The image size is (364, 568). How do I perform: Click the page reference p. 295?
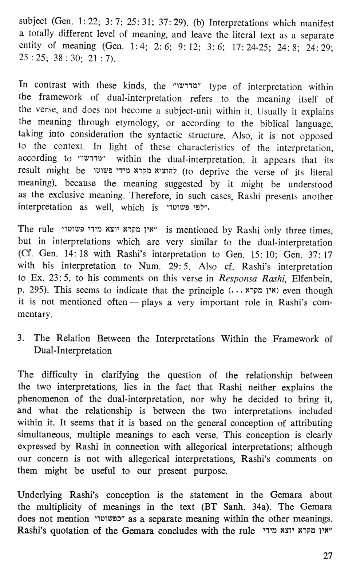(x=31, y=290)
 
